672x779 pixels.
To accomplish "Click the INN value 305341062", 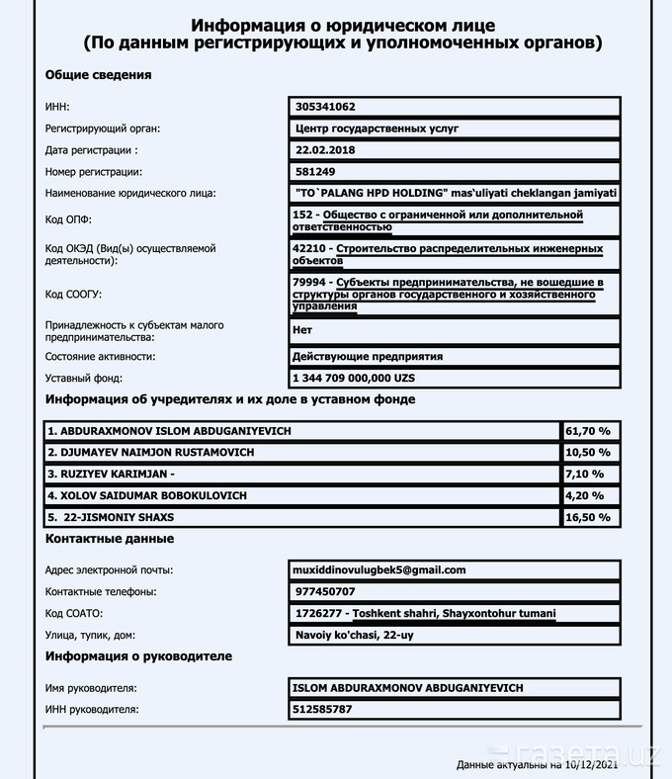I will point(325,107).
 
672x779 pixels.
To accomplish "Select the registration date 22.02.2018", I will point(325,150).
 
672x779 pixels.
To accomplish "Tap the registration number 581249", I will point(314,172).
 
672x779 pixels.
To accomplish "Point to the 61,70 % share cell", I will point(588,431).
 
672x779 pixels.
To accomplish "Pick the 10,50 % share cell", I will point(588,452).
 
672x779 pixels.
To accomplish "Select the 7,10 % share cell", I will point(585,474).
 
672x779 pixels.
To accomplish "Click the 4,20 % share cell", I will point(585,494).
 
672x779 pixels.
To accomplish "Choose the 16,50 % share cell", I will point(588,516).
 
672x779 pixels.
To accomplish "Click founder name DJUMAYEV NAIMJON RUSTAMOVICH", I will point(156,452).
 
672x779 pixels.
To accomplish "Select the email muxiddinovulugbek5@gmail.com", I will point(379,569).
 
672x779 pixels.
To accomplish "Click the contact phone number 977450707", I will point(323,591).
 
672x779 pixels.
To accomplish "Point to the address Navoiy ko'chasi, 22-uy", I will point(353,635).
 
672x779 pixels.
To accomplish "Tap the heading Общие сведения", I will point(98,75).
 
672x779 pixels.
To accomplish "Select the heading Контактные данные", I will point(110,539).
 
